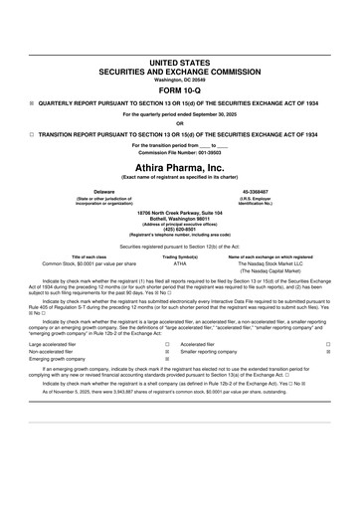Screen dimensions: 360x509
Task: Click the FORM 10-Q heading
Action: [x=180, y=87]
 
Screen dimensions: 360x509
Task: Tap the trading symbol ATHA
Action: [x=180, y=264]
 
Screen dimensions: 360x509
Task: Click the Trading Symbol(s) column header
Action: [x=180, y=255]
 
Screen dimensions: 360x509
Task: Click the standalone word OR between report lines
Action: [x=180, y=123]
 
